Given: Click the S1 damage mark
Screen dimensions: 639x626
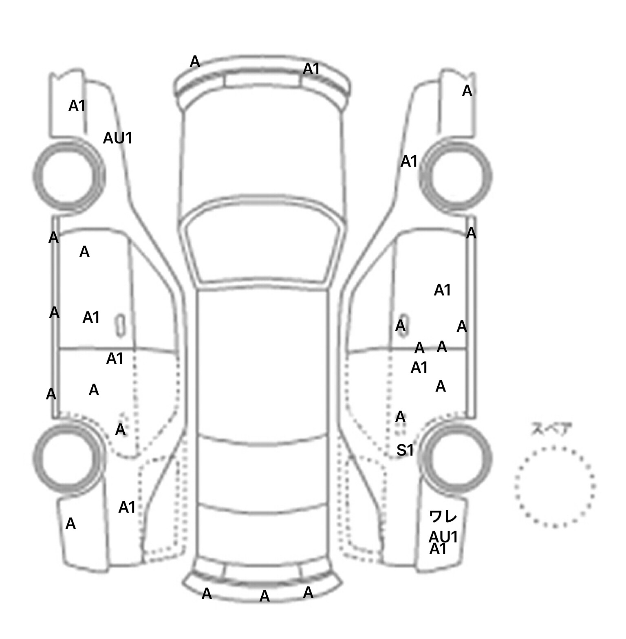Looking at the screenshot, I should click(x=405, y=450).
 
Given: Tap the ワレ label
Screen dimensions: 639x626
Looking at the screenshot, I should click(x=443, y=517).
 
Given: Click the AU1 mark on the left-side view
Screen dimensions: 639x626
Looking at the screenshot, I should click(x=118, y=139).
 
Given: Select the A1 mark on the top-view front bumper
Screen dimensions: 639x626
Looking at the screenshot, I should click(x=311, y=69).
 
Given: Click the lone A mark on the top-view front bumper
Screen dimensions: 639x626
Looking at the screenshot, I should click(x=195, y=62).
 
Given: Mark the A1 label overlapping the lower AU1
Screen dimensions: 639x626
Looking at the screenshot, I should click(x=438, y=550).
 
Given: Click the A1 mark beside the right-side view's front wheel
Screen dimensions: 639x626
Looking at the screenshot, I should click(x=409, y=162).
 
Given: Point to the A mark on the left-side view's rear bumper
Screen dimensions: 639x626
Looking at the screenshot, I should click(x=71, y=524).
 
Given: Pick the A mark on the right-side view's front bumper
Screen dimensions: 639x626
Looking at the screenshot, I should click(x=467, y=91).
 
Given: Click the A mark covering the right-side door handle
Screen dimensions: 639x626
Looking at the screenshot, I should click(x=401, y=326).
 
